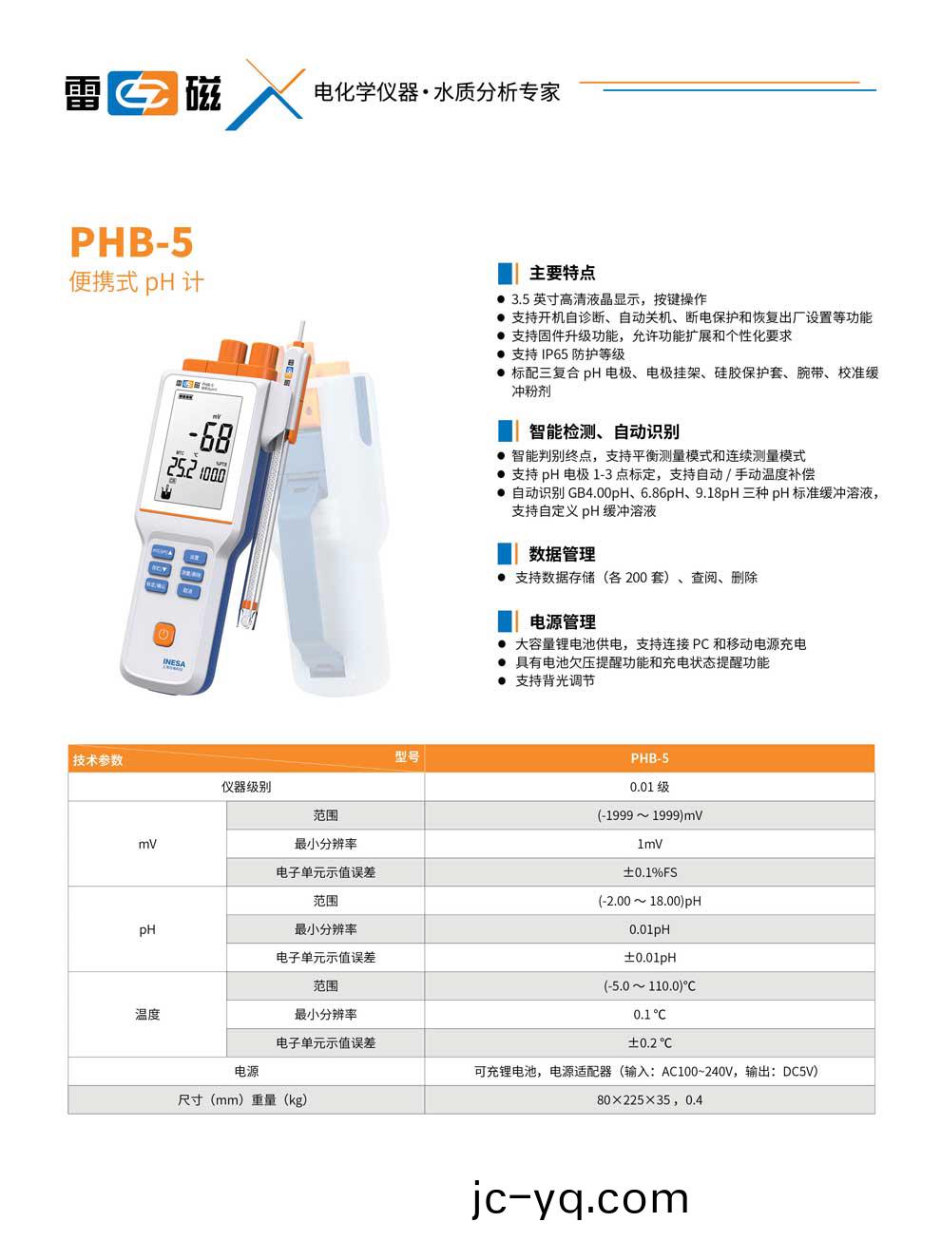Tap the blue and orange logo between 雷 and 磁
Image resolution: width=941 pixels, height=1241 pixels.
point(143,93)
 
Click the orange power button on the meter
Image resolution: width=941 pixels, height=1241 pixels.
point(163,633)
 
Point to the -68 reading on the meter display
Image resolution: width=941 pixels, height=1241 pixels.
point(210,437)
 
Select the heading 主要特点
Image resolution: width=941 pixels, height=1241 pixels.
point(562,273)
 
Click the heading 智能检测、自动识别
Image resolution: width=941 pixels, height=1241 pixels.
point(604,430)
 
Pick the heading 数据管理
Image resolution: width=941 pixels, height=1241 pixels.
point(562,554)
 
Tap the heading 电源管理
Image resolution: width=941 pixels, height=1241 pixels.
point(562,621)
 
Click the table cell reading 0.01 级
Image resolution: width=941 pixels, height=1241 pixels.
point(649,787)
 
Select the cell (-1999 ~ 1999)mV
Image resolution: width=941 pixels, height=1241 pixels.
point(649,815)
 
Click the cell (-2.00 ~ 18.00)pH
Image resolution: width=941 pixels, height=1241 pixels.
point(649,901)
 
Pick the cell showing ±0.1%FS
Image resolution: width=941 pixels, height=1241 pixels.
point(649,872)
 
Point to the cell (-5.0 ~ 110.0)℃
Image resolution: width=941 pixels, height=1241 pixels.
point(649,986)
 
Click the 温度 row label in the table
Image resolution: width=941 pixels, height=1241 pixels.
point(147,1015)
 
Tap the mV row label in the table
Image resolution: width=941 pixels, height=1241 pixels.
point(147,844)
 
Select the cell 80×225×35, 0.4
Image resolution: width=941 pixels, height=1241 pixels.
point(649,1100)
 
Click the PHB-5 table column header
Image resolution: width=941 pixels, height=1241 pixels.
point(649,758)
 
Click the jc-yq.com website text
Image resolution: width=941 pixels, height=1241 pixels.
point(580,1199)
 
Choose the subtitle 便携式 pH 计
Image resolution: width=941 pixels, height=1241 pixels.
point(136,282)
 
